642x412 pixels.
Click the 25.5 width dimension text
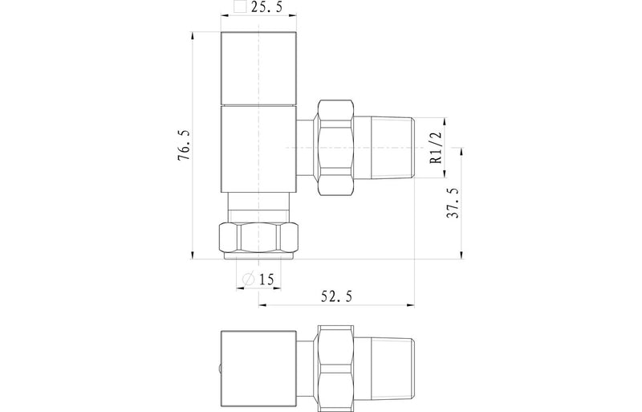click(x=266, y=9)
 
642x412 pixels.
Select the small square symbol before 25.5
click(x=238, y=9)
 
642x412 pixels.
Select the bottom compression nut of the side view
click(x=258, y=239)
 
